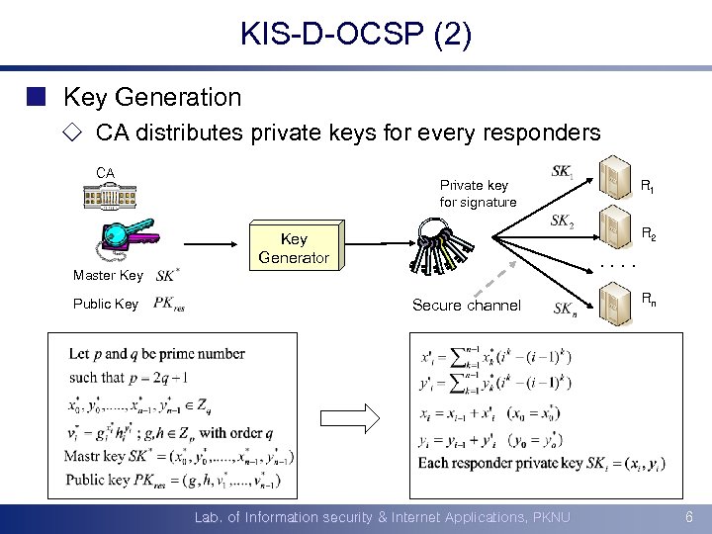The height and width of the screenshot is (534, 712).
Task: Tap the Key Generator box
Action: point(294,248)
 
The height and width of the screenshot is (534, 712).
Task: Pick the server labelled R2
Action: point(619,228)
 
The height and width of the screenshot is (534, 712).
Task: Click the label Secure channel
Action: point(466,306)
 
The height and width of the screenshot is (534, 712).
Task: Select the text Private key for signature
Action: point(478,194)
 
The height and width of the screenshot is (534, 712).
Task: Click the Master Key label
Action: point(108,275)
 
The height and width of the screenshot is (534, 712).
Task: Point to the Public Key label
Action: point(106,304)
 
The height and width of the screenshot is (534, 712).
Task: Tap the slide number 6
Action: point(688,517)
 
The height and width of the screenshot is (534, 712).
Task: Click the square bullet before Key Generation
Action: point(37,97)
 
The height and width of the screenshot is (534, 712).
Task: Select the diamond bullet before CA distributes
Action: point(75,133)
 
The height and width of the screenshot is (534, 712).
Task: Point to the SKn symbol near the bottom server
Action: point(566,310)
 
